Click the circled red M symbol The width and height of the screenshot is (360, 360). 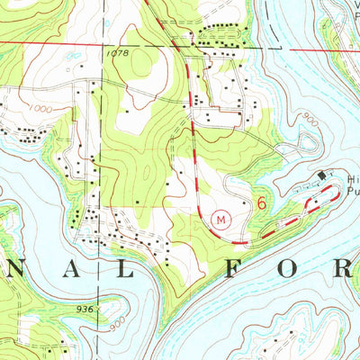(x=221, y=217)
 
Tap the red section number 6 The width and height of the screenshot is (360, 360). (x=262, y=204)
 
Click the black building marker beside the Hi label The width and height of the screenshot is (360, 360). (x=323, y=175)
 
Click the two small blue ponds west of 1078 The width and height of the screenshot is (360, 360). (x=71, y=55)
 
